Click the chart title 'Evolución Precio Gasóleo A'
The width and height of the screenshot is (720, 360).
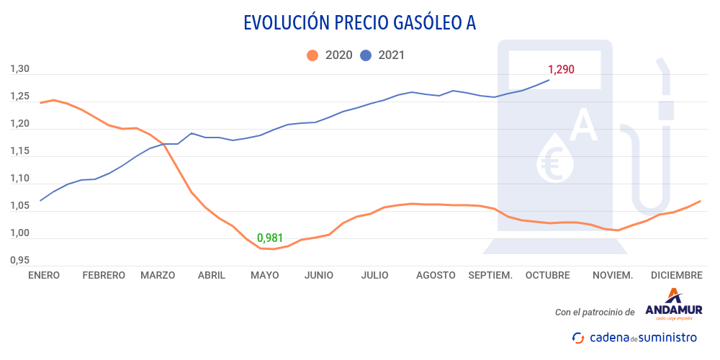click(x=359, y=23)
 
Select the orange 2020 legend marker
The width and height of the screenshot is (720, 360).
click(x=312, y=55)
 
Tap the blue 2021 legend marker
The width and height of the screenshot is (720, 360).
click(x=366, y=55)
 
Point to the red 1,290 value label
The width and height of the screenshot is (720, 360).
click(x=561, y=70)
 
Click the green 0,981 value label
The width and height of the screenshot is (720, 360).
click(x=270, y=238)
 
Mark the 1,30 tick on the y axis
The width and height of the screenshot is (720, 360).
click(x=19, y=70)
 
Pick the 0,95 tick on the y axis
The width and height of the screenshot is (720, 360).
click(x=19, y=260)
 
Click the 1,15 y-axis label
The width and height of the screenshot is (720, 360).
click(x=19, y=151)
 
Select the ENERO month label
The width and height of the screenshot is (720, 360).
click(x=44, y=275)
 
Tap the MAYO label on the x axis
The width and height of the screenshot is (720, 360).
click(x=264, y=275)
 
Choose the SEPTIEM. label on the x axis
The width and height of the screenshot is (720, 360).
click(x=490, y=275)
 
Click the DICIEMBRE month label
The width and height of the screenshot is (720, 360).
click(x=676, y=275)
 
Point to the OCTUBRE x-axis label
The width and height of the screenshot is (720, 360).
click(x=547, y=275)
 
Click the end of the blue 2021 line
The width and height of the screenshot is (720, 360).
click(x=549, y=80)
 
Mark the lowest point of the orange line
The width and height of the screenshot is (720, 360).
click(x=274, y=249)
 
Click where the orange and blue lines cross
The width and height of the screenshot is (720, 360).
click(x=164, y=144)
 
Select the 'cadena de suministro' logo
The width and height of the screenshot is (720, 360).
click(x=634, y=337)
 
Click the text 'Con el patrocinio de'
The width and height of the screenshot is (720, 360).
click(x=595, y=312)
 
